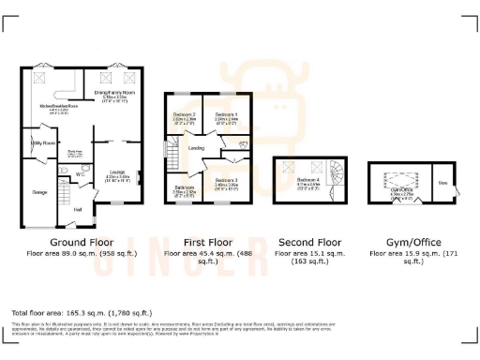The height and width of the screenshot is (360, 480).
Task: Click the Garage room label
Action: click(x=39, y=191)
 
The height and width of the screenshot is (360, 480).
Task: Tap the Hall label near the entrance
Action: click(x=79, y=209)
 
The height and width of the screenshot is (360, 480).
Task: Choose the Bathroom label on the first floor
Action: click(x=183, y=187)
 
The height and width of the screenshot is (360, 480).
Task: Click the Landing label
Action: click(x=196, y=147)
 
